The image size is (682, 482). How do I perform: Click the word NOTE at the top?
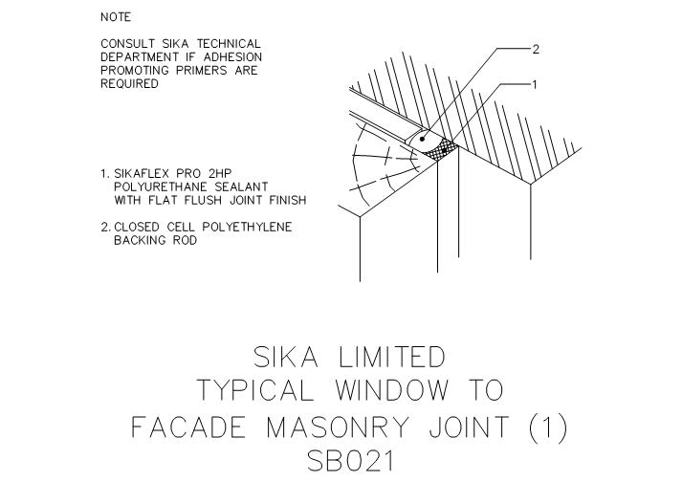(116, 17)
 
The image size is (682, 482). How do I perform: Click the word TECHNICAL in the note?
(229, 43)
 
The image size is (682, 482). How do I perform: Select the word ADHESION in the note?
(232, 57)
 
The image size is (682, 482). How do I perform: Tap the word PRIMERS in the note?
(202, 70)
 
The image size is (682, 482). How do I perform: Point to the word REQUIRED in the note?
(129, 83)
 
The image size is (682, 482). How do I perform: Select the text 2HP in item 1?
(220, 173)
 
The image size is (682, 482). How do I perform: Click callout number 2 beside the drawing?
(536, 49)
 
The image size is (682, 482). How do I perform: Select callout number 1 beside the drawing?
(535, 85)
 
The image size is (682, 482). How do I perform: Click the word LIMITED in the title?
(391, 357)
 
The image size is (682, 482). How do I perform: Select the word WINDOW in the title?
(391, 390)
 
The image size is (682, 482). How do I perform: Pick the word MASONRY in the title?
(338, 427)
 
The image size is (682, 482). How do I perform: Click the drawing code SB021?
(350, 461)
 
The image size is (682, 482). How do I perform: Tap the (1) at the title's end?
(547, 427)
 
